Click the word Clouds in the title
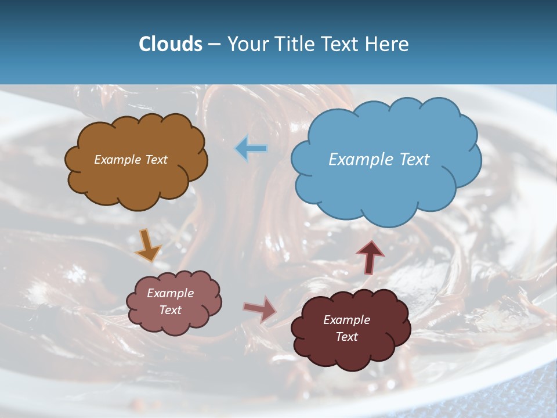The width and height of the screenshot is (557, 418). [x=171, y=44]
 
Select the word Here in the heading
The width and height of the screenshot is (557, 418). [x=388, y=44]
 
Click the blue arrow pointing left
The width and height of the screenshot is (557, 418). [x=251, y=149]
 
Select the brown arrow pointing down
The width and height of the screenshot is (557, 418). [x=147, y=246]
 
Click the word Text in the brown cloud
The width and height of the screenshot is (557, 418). [x=156, y=160]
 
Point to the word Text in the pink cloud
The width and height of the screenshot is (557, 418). [x=171, y=310]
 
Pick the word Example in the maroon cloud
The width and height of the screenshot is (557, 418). [x=346, y=320]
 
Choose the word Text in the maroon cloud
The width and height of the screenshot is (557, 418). [x=346, y=337]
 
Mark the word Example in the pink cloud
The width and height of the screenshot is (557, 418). [x=171, y=293]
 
